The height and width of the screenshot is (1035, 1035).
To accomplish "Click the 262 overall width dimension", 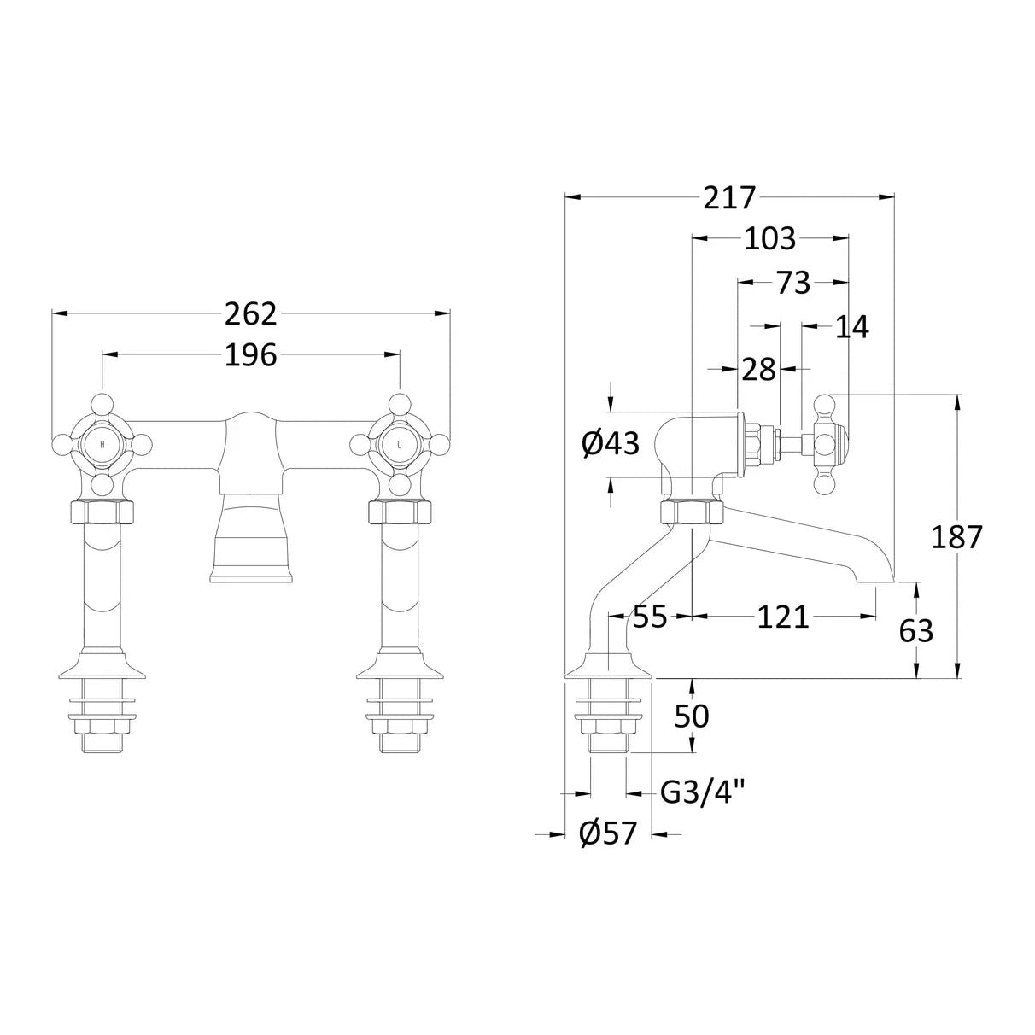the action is (250, 314).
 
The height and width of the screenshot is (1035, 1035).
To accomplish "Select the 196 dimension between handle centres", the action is (250, 355).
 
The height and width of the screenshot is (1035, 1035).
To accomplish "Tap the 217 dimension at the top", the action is (729, 198).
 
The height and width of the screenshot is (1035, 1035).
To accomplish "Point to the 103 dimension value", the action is (769, 239).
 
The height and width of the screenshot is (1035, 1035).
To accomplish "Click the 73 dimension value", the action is (794, 283).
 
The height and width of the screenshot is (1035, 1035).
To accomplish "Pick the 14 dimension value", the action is (852, 327).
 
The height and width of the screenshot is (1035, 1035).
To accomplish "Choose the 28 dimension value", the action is (759, 370).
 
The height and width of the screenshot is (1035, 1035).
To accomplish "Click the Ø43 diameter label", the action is (611, 444).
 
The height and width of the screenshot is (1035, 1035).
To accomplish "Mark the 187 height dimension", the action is (956, 537).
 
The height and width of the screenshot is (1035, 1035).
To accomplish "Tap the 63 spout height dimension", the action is (916, 632).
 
